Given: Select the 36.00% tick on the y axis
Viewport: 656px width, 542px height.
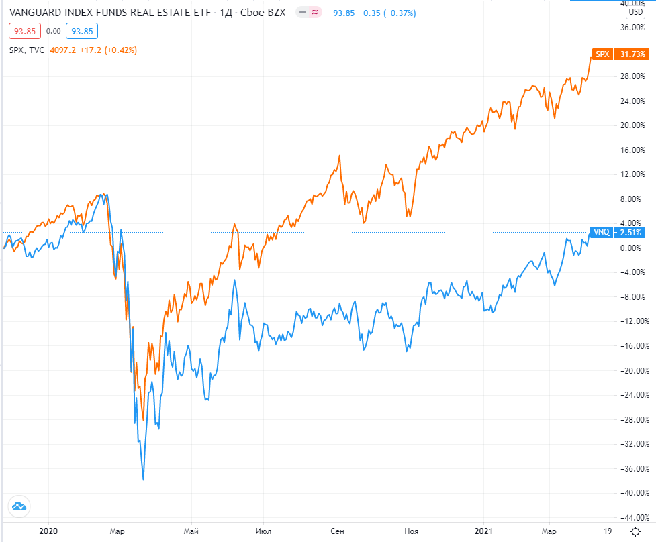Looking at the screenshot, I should coord(634,28).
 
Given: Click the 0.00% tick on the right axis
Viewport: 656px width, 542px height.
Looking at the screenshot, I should coord(634,248).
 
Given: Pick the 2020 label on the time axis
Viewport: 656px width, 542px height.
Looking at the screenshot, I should coord(49,530).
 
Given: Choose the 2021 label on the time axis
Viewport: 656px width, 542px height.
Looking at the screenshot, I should coord(485,530).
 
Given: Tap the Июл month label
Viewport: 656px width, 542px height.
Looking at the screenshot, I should coord(264,530).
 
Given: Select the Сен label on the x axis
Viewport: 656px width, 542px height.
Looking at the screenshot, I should coord(338,530).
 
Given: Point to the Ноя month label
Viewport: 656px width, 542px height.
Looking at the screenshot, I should coord(411,530).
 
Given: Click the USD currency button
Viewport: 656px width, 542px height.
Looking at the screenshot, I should coord(635,11).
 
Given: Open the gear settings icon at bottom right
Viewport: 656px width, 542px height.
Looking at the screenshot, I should coord(635,530).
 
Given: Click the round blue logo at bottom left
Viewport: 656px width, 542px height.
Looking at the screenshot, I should coord(19,506).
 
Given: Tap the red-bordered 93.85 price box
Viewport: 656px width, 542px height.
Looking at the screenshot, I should coord(25,31).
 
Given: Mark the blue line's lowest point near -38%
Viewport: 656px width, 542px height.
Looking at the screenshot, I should coord(143,480).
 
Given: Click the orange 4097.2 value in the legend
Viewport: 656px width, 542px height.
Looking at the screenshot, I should coord(63,50).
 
